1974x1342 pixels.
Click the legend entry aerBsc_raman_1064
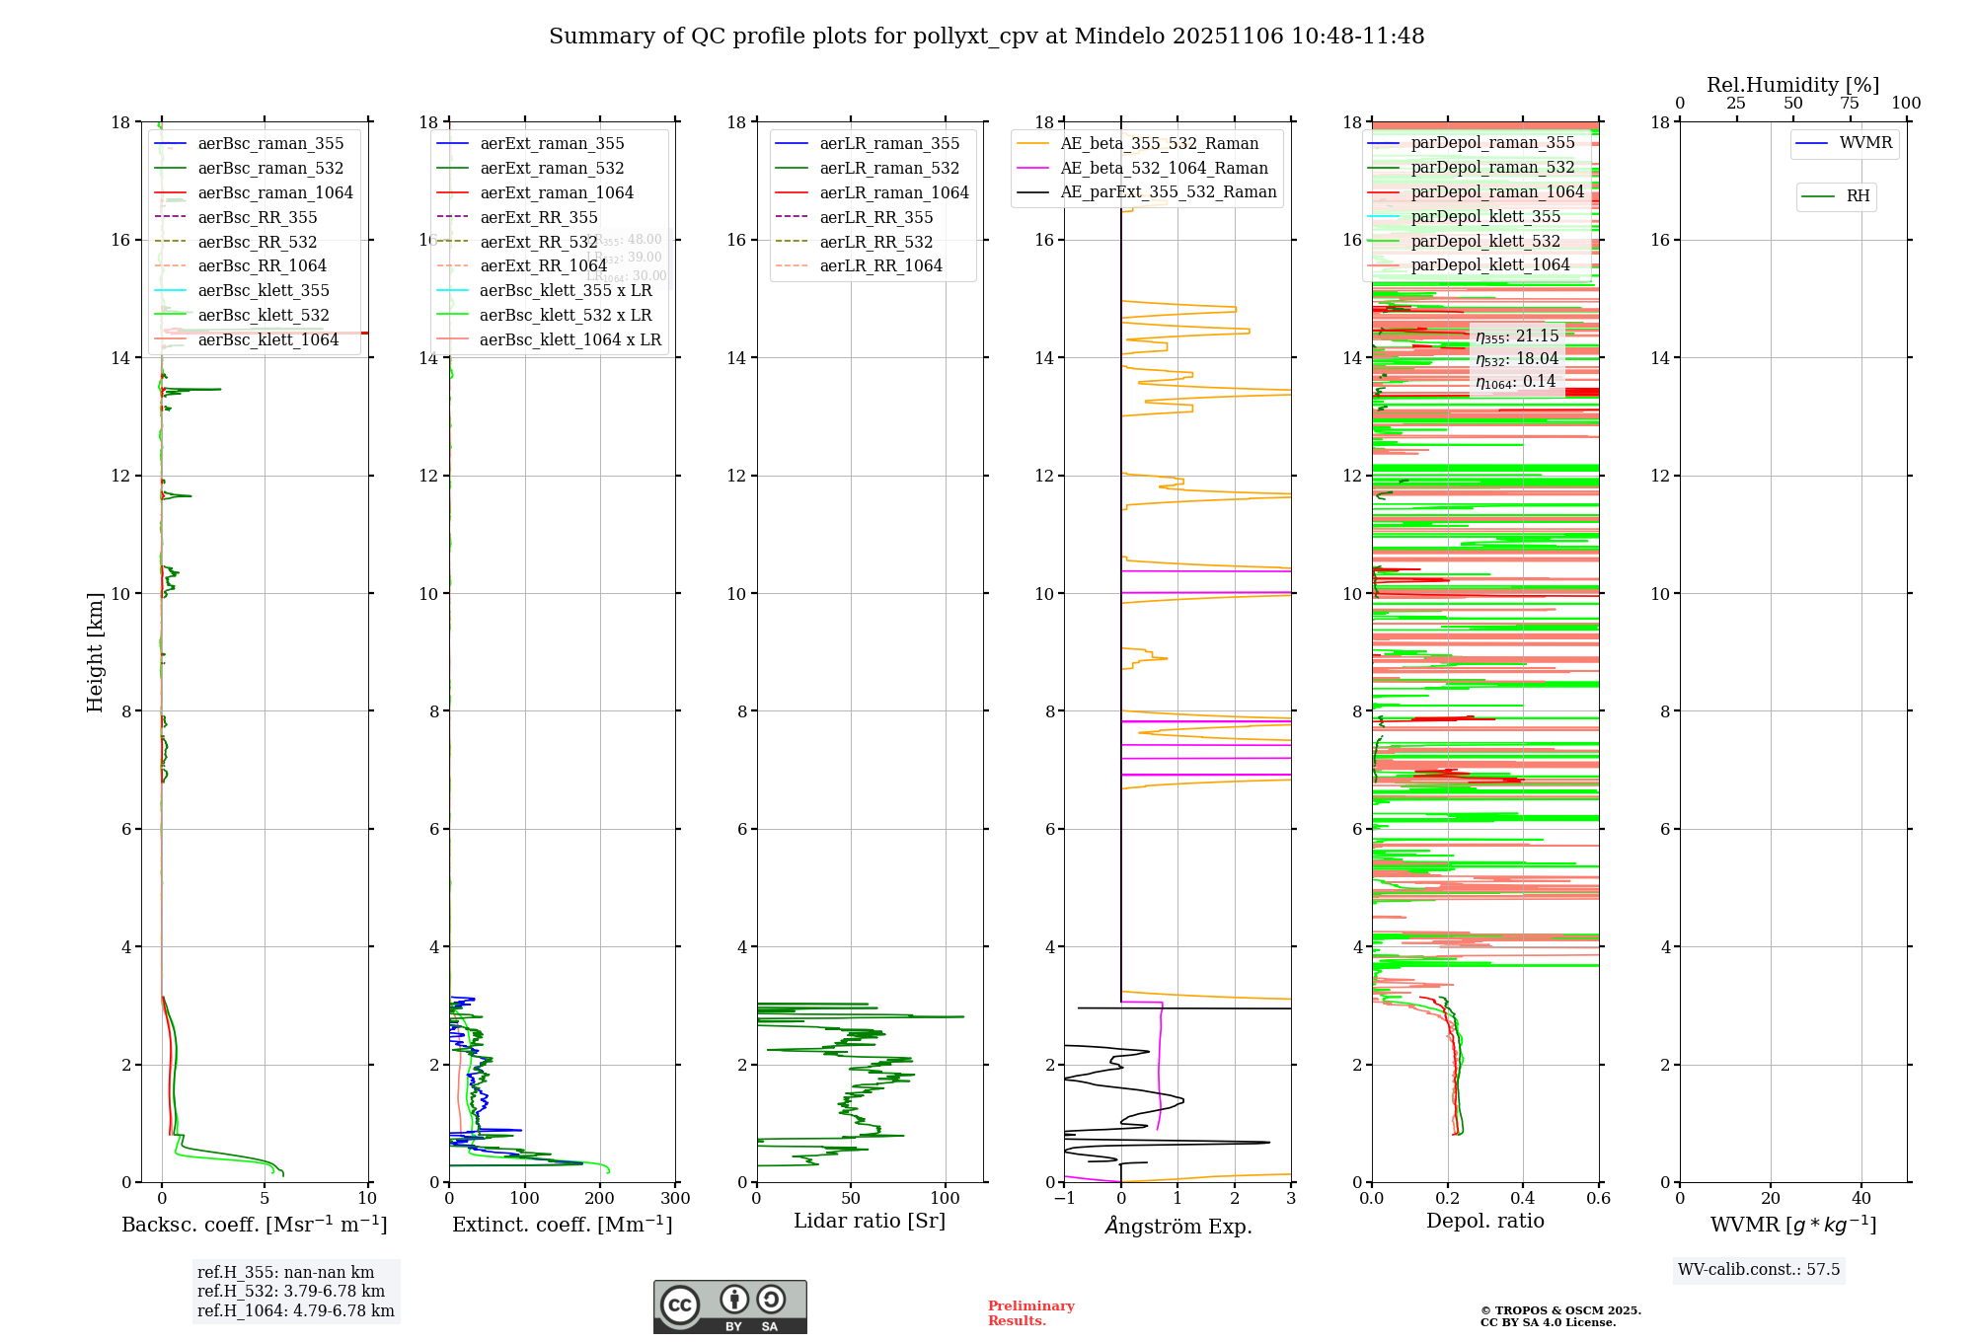point(274,192)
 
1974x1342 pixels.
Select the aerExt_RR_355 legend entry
point(538,217)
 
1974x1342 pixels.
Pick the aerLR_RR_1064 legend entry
point(880,265)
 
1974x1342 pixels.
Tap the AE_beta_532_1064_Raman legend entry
point(1164,168)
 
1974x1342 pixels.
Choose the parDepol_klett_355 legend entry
point(1485,216)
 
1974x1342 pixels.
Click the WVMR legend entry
point(1864,143)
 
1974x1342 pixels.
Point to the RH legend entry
point(1858,196)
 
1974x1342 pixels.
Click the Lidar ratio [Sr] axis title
point(869,1221)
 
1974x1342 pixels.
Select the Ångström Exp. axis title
point(1177,1226)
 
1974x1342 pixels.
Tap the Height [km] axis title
point(95,652)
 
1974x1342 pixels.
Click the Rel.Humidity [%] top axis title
point(1792,85)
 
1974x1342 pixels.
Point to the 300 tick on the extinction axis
point(675,1198)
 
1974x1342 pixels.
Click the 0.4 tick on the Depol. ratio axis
point(1523,1198)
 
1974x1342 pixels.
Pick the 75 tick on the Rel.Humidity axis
point(1850,104)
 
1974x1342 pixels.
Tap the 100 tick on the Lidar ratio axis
point(946,1198)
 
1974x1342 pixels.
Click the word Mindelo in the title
point(1119,37)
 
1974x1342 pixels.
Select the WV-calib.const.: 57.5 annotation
point(1759,1269)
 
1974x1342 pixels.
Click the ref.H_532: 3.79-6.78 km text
point(291,1291)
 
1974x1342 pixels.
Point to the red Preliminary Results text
point(1030,1313)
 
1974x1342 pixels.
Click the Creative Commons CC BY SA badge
point(729,1306)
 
